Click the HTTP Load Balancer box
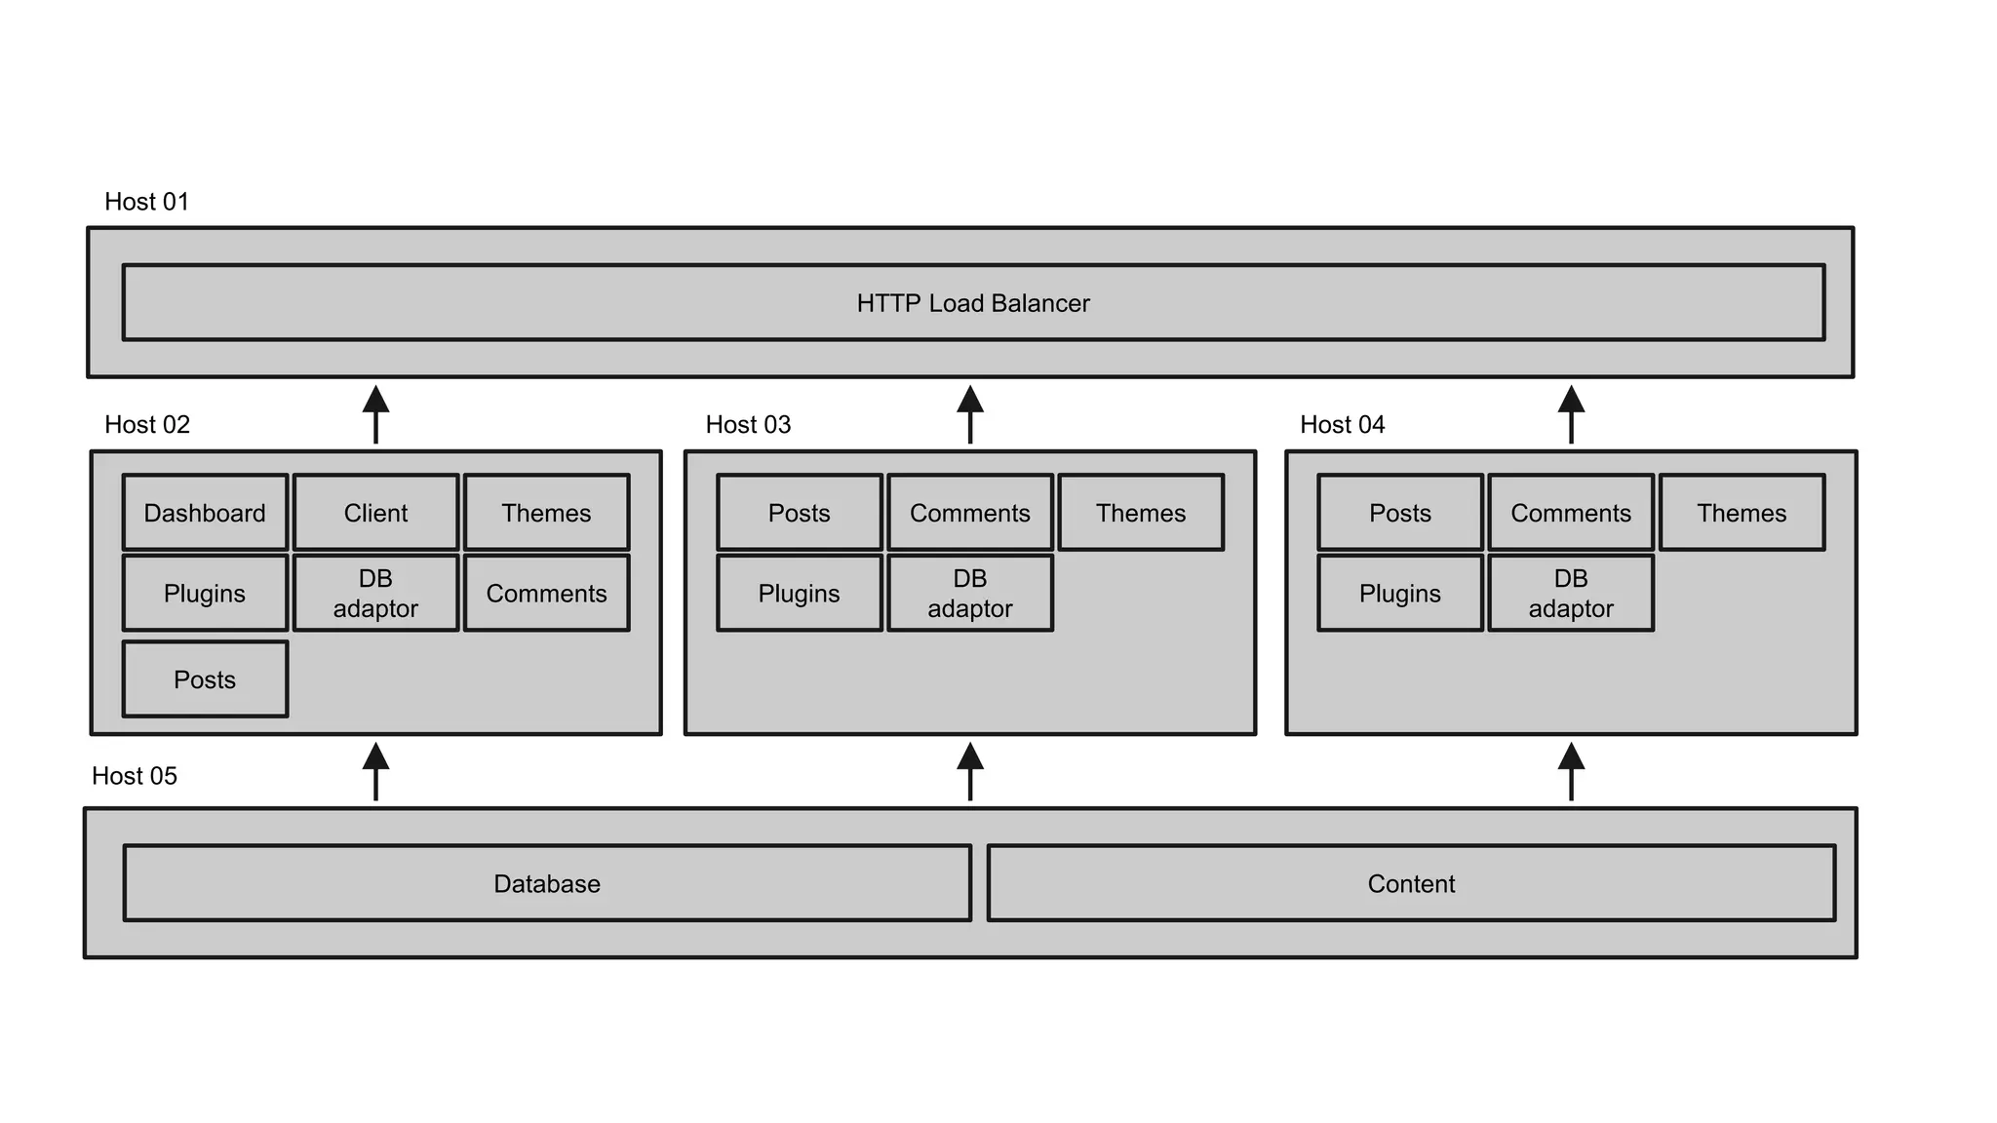973,302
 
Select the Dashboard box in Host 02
205,513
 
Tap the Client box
375,513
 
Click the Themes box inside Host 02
546,513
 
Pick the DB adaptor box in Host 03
969,593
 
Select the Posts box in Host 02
205,679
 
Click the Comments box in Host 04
1570,513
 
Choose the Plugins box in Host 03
799,593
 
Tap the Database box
546,883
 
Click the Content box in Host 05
1410,883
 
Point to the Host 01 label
146,202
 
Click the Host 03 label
748,425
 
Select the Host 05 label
135,776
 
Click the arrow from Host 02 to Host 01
375,414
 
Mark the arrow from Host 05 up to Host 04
1571,771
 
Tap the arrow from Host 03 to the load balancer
969,414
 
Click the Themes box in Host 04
1741,513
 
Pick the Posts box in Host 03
799,513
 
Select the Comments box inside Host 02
546,593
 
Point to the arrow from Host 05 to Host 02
375,771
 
